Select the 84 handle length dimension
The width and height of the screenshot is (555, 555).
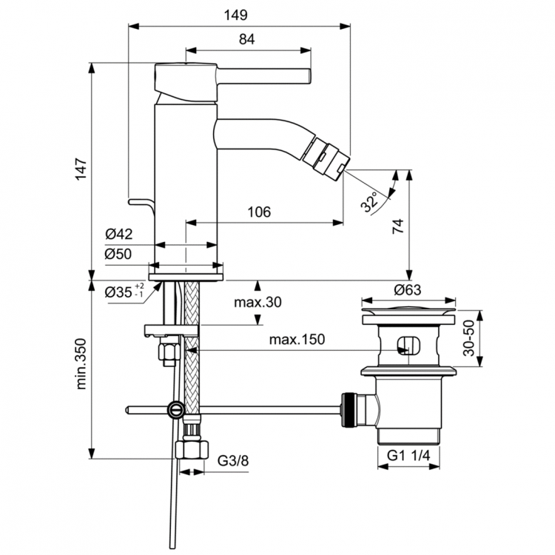(246, 41)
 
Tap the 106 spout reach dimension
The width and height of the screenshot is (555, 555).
(258, 212)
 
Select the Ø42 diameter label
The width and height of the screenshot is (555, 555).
(118, 235)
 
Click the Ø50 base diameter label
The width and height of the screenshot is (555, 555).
(118, 253)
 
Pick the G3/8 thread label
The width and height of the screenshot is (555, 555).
(233, 461)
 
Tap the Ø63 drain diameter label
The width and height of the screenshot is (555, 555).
(408, 289)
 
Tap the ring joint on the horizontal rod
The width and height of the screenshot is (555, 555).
(175, 408)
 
